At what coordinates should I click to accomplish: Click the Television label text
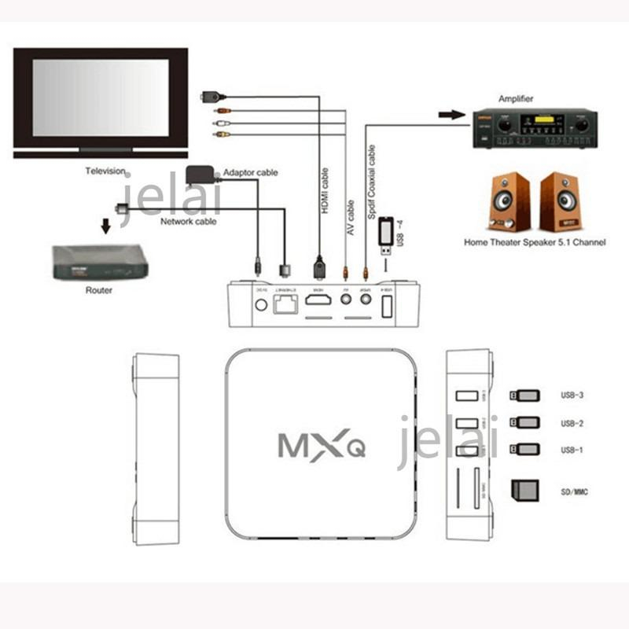[x=106, y=171]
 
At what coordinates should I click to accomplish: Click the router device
[x=100, y=262]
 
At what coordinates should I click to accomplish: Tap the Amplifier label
[x=516, y=99]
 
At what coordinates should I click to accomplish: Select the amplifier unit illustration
[x=530, y=127]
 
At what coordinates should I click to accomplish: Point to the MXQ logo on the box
[x=321, y=444]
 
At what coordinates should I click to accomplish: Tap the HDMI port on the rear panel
[x=318, y=300]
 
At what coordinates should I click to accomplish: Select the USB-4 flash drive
[x=386, y=236]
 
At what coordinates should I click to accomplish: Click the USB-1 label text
[x=572, y=449]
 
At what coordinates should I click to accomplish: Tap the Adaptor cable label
[x=250, y=173]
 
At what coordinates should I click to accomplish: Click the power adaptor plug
[x=198, y=175]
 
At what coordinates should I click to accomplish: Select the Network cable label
[x=189, y=222]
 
